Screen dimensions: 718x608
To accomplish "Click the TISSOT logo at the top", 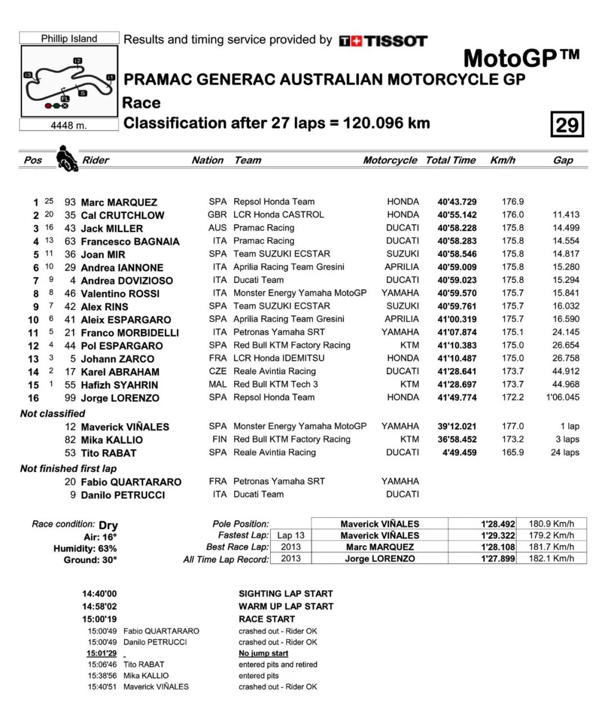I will [x=383, y=41].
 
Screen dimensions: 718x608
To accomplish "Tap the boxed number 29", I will [x=567, y=124].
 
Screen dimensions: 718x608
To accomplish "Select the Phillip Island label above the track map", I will [x=69, y=38].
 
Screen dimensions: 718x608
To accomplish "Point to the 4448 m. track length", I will [x=69, y=125].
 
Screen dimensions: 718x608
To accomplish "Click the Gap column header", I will [x=562, y=160].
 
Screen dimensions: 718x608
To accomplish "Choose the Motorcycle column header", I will [x=390, y=160].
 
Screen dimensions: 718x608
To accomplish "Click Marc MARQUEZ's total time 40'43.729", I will [x=457, y=202].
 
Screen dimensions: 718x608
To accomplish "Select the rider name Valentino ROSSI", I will [x=120, y=294].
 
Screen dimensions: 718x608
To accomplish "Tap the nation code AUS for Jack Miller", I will [x=217, y=228].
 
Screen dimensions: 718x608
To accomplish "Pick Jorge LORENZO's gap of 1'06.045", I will [x=562, y=397].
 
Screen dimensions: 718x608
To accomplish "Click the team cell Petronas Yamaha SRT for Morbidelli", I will [x=279, y=332].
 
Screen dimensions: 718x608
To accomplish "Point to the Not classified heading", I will [x=52, y=414].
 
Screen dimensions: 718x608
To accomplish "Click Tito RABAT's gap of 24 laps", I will [x=565, y=452].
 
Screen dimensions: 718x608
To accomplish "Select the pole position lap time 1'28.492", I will [x=498, y=524].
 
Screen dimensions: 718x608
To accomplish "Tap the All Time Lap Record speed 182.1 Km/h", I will [x=551, y=559].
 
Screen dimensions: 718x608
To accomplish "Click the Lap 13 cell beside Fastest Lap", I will [x=290, y=536].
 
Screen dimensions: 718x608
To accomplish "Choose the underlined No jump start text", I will [x=263, y=653].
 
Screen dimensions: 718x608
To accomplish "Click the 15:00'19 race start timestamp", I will [x=99, y=619].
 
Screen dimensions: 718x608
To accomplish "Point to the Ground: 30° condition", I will [x=90, y=560].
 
